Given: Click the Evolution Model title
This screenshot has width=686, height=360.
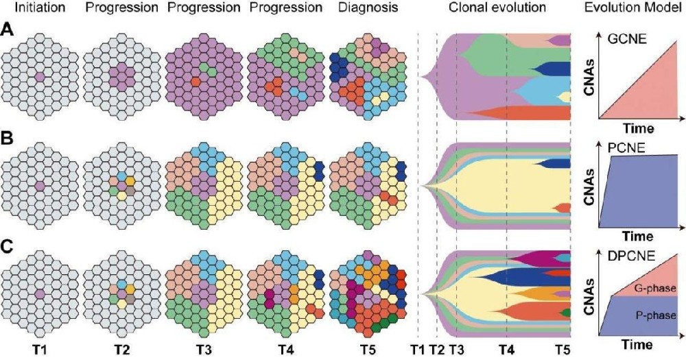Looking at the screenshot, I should tap(641, 10).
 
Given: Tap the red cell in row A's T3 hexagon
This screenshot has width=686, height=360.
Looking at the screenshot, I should tap(195, 82).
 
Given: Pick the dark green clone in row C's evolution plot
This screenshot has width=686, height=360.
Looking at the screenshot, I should tap(565, 313).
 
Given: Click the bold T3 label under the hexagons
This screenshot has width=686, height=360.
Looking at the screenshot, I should tap(204, 349).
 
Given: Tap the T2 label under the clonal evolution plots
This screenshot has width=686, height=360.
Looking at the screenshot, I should tap(436, 349).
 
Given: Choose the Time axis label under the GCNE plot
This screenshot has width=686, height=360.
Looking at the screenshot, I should tap(635, 129).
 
